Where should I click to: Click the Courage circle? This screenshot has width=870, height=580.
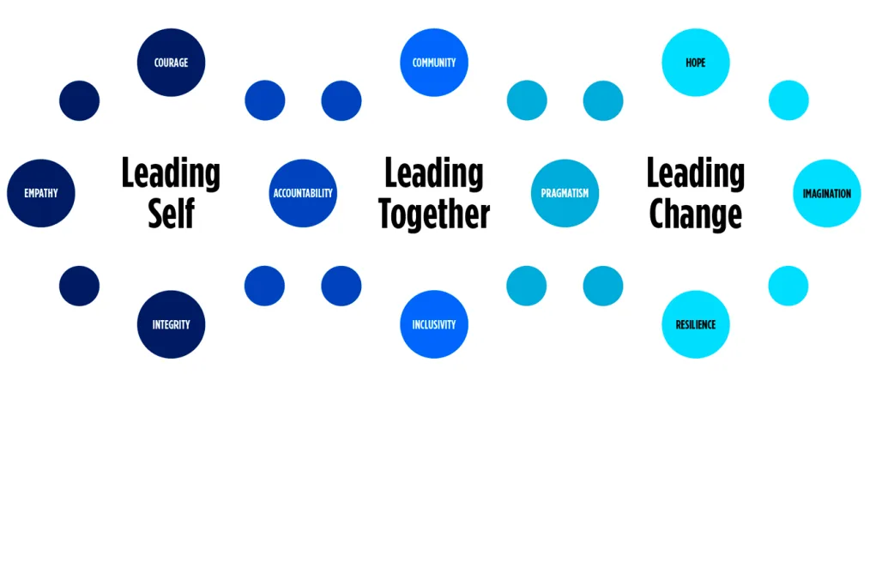[171, 63]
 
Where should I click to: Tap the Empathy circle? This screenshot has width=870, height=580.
[41, 193]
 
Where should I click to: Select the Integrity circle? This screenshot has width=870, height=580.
[171, 324]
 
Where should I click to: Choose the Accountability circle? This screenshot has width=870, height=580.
[303, 193]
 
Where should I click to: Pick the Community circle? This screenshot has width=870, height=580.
[434, 63]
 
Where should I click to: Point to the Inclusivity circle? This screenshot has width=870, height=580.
[434, 324]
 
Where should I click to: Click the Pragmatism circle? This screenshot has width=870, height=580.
[565, 193]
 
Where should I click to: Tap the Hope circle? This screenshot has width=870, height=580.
[696, 63]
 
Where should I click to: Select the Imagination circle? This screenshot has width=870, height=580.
[826, 193]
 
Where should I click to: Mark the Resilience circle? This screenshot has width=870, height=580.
[696, 324]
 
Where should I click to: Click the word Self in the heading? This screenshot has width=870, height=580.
[171, 213]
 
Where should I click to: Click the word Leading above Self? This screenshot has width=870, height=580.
[171, 173]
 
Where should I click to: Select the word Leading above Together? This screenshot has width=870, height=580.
[434, 173]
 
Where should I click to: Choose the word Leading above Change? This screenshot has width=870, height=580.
[696, 173]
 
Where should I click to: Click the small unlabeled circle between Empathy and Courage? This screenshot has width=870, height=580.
[79, 100]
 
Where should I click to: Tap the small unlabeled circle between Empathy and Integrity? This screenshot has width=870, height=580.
[79, 286]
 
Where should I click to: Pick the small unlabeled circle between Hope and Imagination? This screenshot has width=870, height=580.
[788, 100]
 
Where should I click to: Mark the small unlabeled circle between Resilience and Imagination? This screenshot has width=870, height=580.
[788, 286]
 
